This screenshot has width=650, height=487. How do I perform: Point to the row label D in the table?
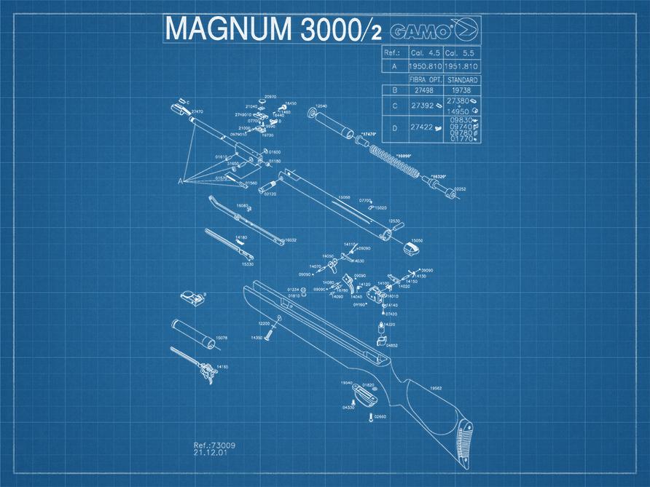click(x=394, y=128)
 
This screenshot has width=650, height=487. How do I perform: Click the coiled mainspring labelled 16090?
click(x=393, y=162)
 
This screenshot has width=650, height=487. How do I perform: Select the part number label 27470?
click(x=197, y=111)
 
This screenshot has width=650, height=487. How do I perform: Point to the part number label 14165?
click(x=223, y=367)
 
